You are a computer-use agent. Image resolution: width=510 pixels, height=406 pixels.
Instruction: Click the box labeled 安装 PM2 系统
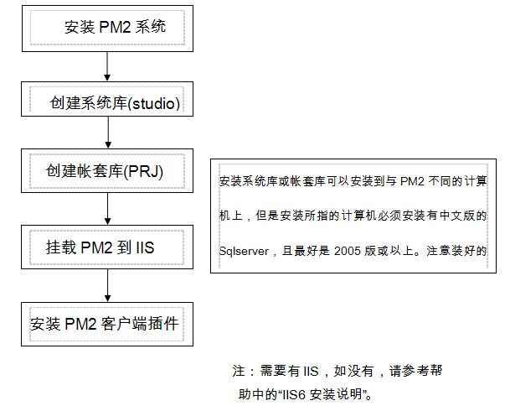click(108, 28)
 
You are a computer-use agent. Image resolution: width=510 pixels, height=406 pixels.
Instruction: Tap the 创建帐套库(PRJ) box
click(108, 170)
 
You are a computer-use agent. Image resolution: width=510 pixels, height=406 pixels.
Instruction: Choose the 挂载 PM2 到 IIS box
click(108, 248)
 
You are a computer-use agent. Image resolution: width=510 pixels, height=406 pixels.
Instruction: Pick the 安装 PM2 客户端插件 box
click(108, 324)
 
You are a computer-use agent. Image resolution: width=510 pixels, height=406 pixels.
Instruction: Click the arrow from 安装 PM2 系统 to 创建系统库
click(107, 65)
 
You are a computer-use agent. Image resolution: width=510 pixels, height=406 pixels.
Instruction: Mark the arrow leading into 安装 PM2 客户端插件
click(107, 286)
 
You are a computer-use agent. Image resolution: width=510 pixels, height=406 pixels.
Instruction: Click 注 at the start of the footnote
click(238, 370)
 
